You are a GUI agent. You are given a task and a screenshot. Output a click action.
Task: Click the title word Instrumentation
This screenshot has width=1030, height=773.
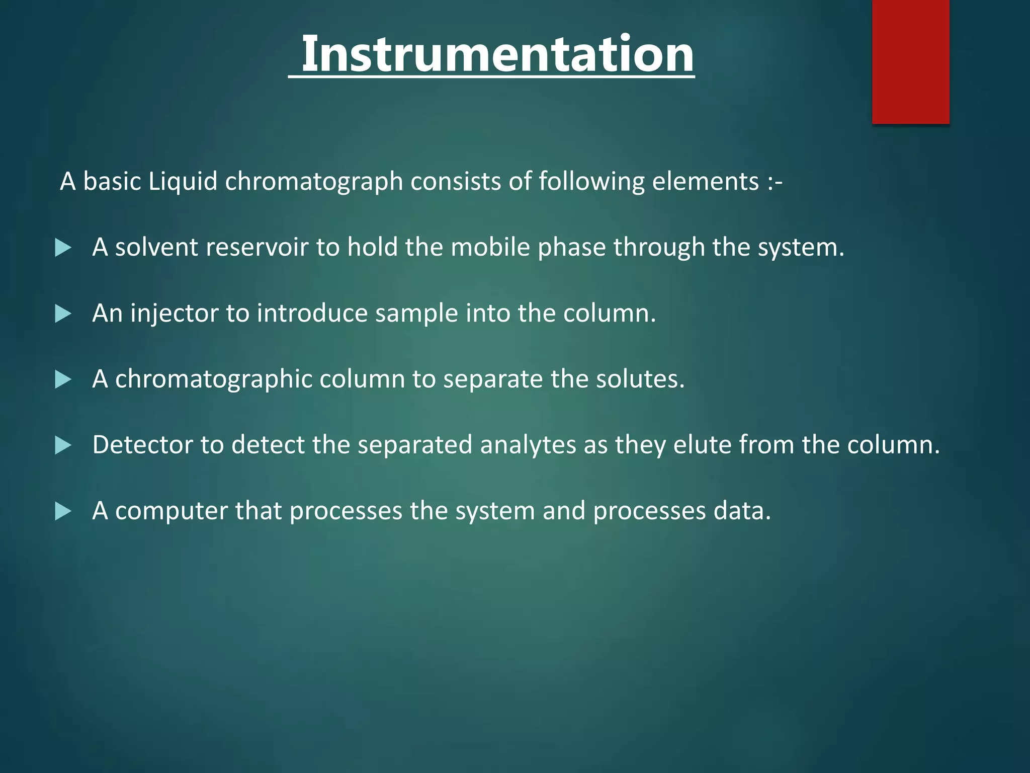point(497,54)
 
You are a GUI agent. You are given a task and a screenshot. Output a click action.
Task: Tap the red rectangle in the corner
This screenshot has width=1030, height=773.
point(910,61)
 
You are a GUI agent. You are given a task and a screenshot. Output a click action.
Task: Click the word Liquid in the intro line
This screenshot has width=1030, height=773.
point(183,181)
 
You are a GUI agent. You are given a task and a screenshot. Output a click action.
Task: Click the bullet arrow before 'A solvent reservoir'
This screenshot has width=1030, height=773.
point(63,248)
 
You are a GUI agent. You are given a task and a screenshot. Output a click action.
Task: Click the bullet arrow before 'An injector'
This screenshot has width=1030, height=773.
point(63,314)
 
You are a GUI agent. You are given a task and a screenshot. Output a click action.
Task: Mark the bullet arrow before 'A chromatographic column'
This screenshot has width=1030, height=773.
point(63,379)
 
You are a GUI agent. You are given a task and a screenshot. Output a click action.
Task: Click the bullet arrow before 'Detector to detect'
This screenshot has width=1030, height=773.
point(63,445)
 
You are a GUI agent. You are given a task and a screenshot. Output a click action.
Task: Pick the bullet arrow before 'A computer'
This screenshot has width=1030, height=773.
point(63,511)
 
